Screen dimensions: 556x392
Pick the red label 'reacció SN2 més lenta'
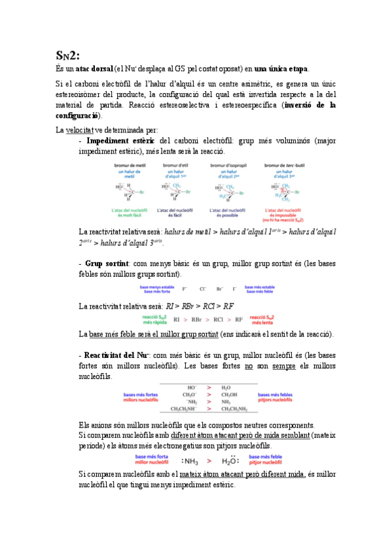click(261, 319)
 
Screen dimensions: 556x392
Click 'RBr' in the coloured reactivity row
click(196, 319)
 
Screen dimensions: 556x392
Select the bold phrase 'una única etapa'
click(281, 68)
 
